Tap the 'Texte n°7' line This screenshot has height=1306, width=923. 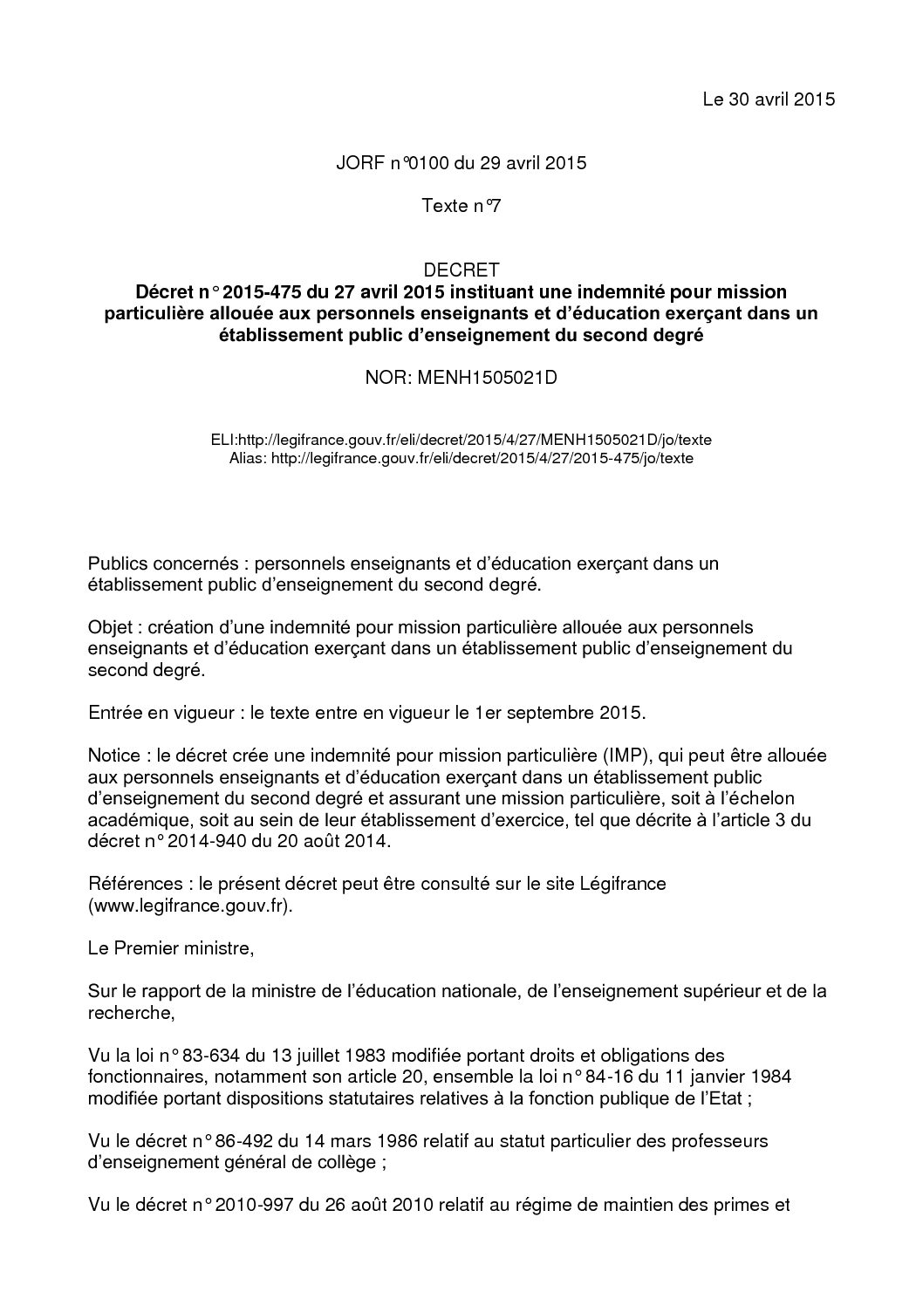coord(461,207)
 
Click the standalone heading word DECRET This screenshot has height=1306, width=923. coord(461,270)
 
